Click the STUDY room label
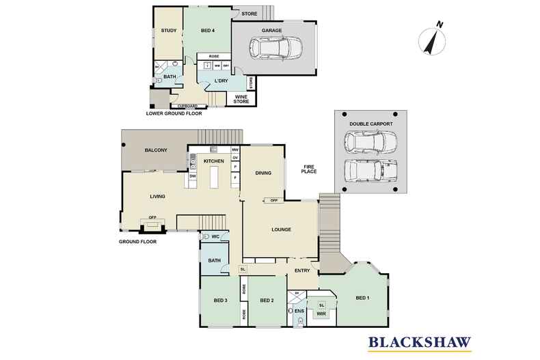tap(168, 31)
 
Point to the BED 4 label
tap(208, 31)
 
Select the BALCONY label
tap(156, 150)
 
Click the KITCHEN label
tap(214, 161)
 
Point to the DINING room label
tap(263, 174)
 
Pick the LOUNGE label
tap(280, 229)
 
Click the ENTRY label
tap(302, 271)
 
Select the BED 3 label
tap(220, 301)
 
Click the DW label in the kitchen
tap(193, 176)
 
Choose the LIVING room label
tap(159, 197)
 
